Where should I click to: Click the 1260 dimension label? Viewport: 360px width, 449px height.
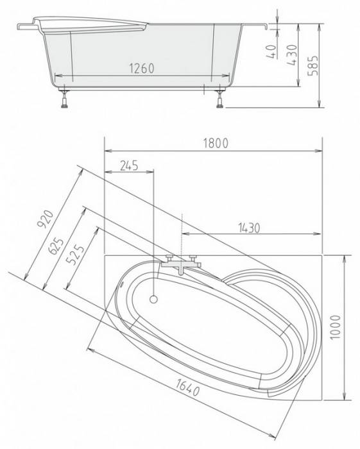[x=142, y=69]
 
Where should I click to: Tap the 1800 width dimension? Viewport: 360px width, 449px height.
[x=216, y=144]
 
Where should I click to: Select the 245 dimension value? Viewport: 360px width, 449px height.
[x=129, y=165]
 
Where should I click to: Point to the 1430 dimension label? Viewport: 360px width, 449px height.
[x=249, y=228]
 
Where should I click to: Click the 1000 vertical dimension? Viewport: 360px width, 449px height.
[x=336, y=327]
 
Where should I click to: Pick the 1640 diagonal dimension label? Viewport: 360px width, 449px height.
[x=187, y=387]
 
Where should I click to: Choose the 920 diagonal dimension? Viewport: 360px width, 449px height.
[x=46, y=219]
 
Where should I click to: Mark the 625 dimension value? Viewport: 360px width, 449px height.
[x=56, y=246]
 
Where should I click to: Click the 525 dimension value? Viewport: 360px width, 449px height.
[x=75, y=255]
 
